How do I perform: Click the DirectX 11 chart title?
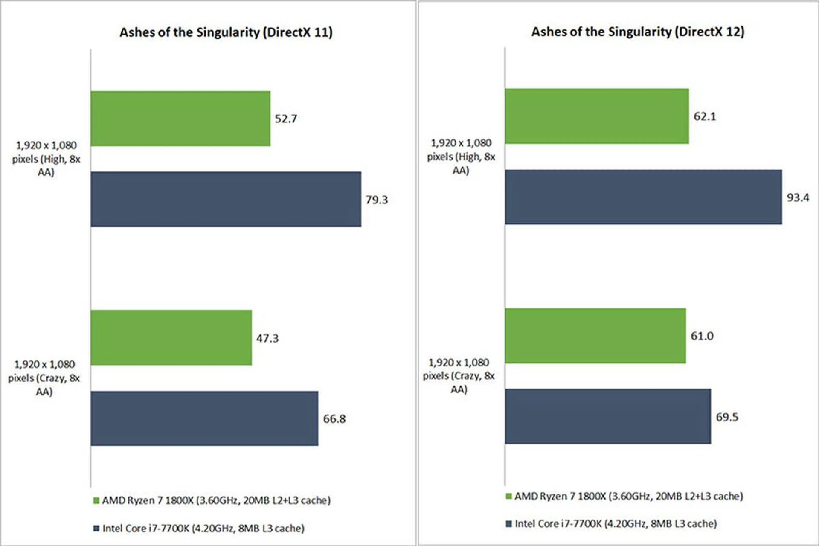[226, 32]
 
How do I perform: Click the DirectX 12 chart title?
[637, 32]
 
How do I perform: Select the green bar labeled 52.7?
[180, 119]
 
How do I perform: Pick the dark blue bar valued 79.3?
[226, 199]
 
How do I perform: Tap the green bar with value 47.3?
[171, 337]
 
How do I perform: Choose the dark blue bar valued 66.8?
[204, 418]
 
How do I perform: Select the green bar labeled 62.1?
[597, 116]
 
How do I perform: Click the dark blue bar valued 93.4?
[643, 197]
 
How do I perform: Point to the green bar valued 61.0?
[595, 336]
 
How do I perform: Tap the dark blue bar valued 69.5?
[608, 416]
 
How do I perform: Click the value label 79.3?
[377, 200]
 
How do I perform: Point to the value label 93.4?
[798, 197]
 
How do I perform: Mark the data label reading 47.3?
[267, 338]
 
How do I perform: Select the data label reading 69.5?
[727, 417]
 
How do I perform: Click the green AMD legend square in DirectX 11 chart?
[96, 500]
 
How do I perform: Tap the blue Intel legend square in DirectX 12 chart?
[508, 523]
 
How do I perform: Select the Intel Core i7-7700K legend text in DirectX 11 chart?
[203, 528]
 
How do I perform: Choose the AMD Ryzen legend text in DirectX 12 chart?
[628, 496]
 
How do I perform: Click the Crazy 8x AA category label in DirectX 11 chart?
[44, 378]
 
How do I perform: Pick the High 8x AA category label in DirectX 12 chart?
[461, 157]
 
